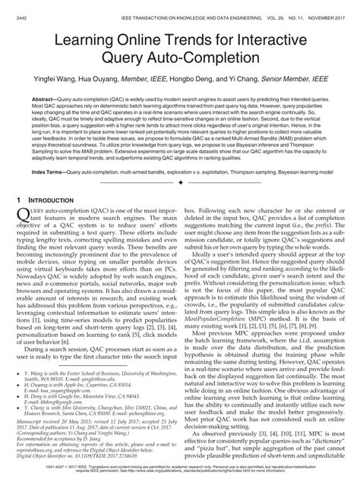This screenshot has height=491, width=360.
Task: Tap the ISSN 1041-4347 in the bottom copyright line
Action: pos(44,478)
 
